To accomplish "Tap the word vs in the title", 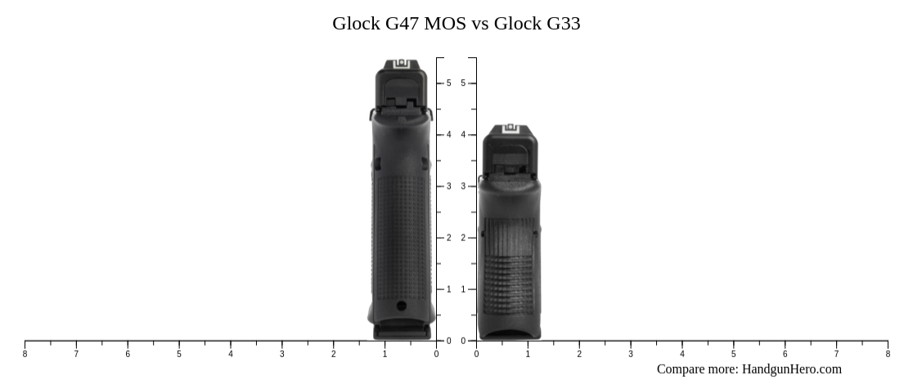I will click(479, 23).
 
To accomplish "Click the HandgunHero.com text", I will click(792, 369).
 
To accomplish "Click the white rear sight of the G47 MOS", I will click(402, 65).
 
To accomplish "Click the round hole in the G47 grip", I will click(401, 306).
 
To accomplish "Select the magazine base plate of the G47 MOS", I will click(402, 331).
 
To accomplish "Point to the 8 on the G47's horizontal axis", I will click(25, 354).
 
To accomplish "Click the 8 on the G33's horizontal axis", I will click(888, 354).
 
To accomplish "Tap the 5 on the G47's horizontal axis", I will click(179, 354).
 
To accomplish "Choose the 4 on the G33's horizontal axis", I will click(682, 354).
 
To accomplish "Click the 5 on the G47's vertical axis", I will click(448, 83).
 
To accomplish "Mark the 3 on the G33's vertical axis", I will click(464, 186).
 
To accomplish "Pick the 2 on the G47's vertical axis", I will click(448, 238).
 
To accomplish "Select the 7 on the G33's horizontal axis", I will click(836, 354).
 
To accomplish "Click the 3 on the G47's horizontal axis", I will click(282, 354).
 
